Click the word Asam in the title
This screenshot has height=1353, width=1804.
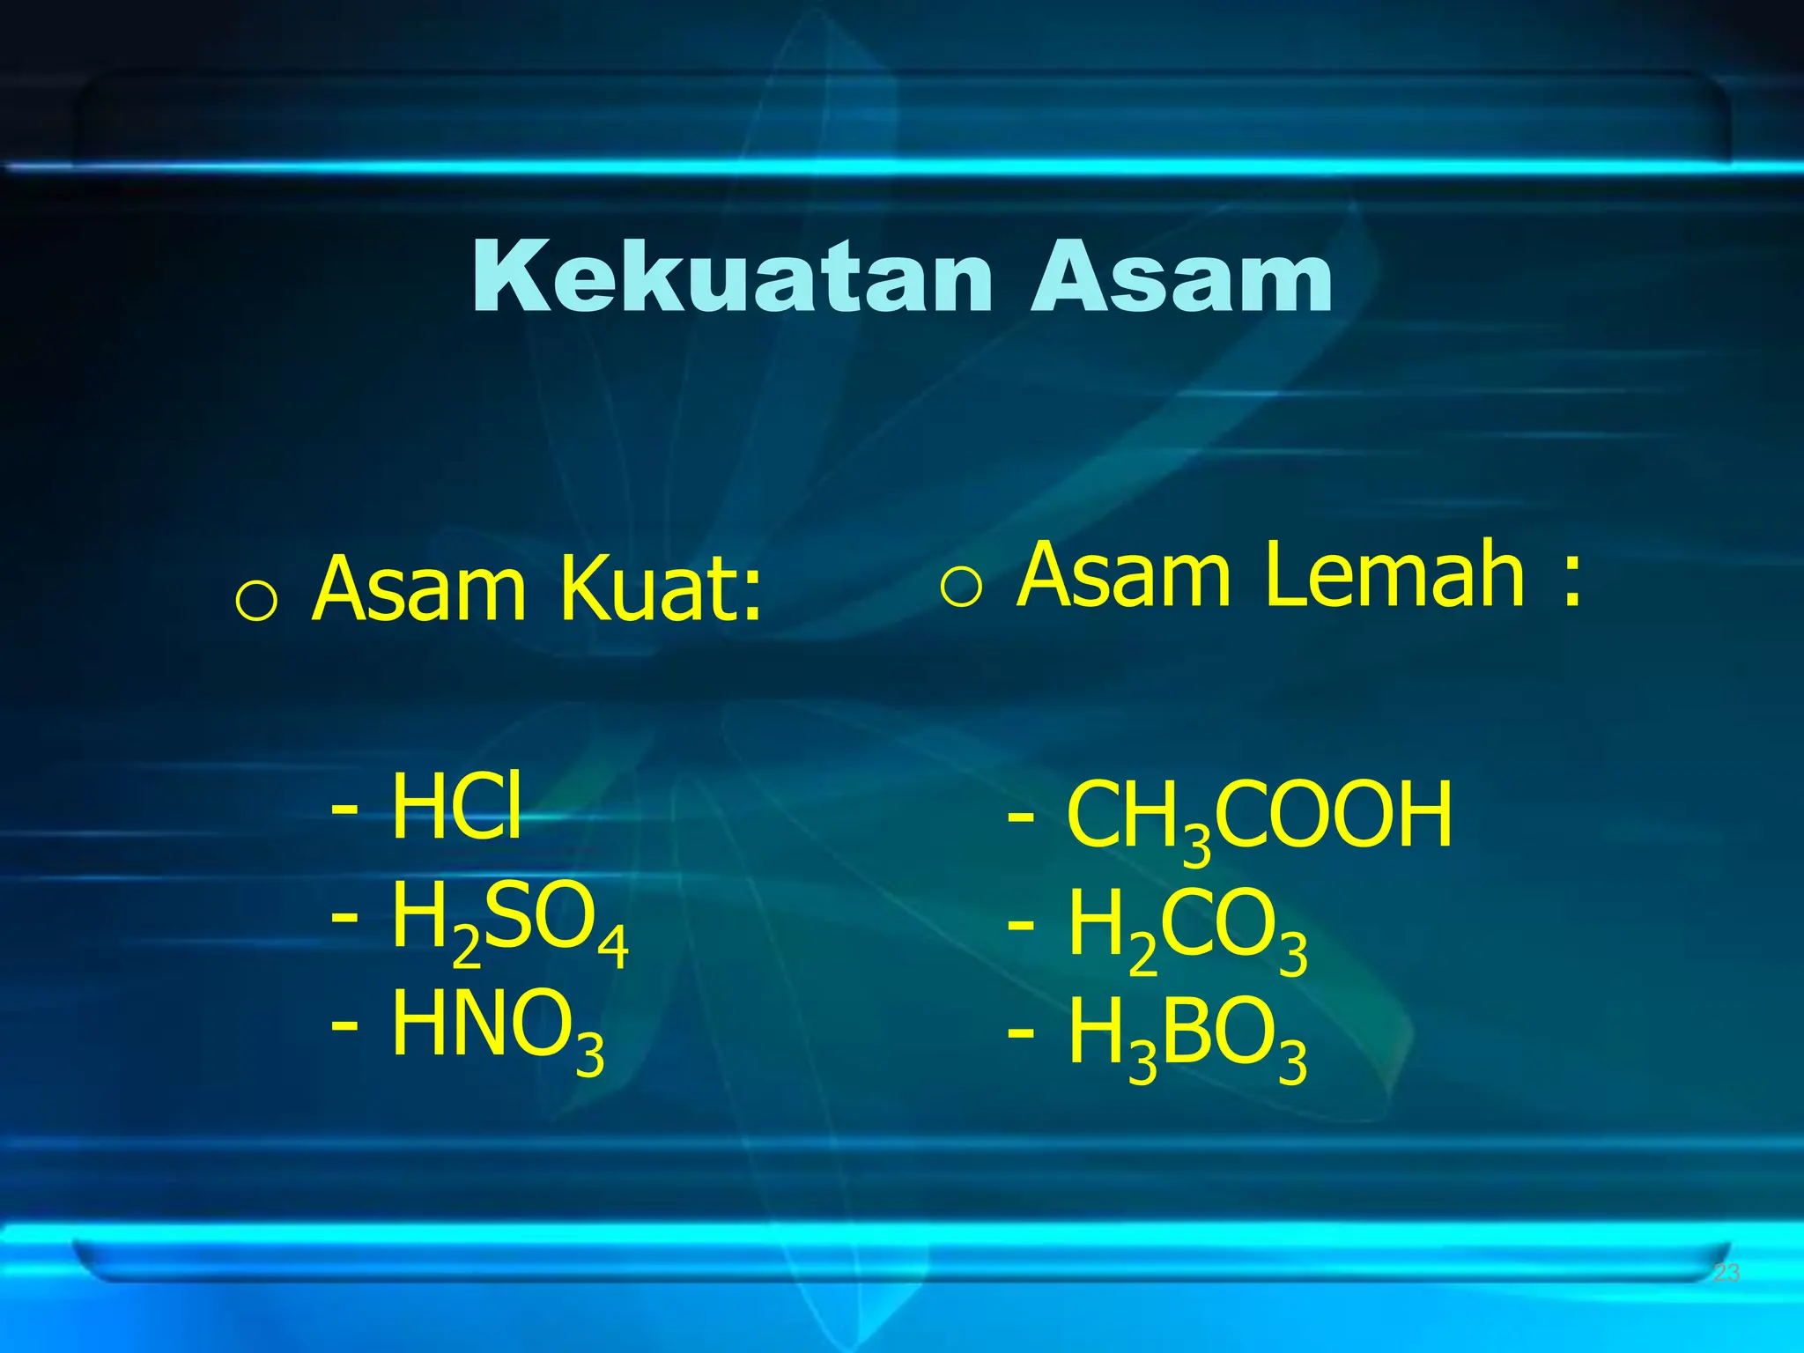click(1182, 277)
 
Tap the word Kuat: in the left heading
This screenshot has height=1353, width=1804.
click(660, 588)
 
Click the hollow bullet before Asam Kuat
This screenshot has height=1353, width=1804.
click(256, 603)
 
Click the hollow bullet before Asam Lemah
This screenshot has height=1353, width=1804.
click(960, 587)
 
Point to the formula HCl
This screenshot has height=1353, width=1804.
click(456, 805)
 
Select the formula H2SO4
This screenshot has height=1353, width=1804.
click(509, 921)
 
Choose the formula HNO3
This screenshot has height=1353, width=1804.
click(498, 1027)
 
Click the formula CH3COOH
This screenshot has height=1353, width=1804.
click(1260, 817)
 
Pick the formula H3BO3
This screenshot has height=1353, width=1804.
click(1187, 1037)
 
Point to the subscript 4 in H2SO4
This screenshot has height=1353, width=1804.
click(613, 946)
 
